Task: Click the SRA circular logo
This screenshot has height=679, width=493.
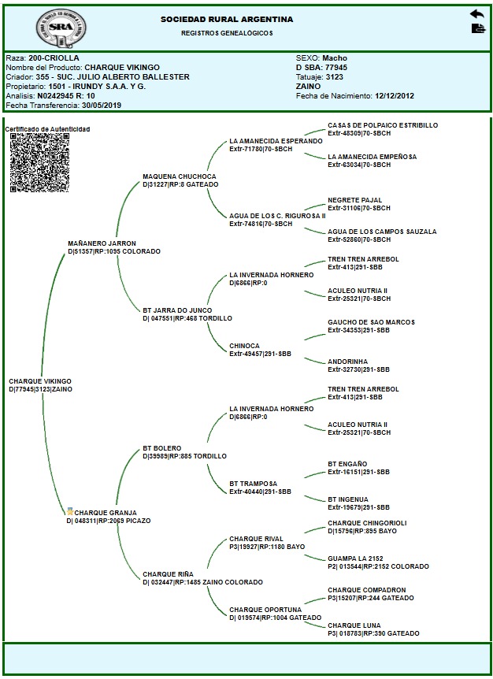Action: coord(58,28)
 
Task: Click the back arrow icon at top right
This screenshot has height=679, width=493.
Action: coord(477,14)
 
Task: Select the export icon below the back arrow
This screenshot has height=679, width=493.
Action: coord(477,29)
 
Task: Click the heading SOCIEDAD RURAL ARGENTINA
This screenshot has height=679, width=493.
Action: coord(226,19)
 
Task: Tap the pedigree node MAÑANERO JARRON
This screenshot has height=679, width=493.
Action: coord(102,243)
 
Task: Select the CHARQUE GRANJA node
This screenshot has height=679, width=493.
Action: coord(106,512)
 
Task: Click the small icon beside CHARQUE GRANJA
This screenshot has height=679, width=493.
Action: coord(69,512)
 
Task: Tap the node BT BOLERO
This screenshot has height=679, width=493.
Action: coord(162,447)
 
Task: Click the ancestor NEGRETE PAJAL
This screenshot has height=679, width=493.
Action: coord(354,200)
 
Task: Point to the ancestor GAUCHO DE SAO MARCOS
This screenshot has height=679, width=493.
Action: coord(370,322)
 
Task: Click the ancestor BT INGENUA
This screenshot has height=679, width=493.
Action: coord(348,499)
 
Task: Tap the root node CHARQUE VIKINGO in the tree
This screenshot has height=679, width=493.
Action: coord(40,381)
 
